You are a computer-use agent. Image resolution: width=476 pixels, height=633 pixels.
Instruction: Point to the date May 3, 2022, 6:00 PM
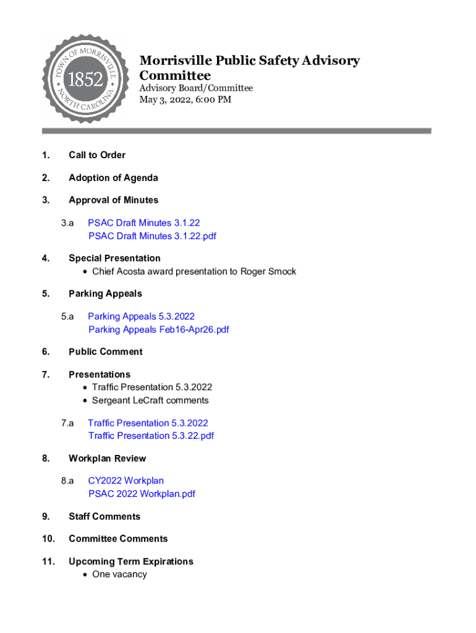coord(185,100)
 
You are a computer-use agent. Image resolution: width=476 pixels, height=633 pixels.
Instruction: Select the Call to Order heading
coord(97,155)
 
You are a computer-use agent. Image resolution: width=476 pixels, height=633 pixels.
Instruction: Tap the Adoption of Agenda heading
coord(113,178)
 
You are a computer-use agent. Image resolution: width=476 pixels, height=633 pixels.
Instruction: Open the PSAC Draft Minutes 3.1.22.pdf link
coord(152,236)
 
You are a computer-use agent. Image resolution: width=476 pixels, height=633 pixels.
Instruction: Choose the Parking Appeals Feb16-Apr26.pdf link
coord(159,329)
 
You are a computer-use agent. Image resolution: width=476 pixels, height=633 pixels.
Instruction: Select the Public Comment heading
coord(106,352)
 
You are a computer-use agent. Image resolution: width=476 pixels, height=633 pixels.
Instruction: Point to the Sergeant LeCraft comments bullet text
coord(150,401)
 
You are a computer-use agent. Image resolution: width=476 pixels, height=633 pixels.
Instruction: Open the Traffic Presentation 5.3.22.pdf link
coord(151,436)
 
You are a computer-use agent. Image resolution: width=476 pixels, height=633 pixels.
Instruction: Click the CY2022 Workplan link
coord(125,480)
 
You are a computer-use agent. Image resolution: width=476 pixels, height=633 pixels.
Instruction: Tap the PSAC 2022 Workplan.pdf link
coord(142,494)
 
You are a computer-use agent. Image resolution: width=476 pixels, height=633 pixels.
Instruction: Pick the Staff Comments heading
coord(104,516)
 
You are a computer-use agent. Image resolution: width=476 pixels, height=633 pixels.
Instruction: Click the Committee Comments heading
coord(118,539)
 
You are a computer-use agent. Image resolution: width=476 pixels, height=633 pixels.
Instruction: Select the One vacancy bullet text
coord(119,574)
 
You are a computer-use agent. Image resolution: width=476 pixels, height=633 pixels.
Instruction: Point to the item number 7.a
coord(67,423)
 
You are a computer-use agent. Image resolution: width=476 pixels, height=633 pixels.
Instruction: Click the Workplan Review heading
coord(108,459)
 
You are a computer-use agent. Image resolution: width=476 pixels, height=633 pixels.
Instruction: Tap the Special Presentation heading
coord(114,258)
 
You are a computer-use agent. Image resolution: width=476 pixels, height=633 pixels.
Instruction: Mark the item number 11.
coord(48,561)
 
